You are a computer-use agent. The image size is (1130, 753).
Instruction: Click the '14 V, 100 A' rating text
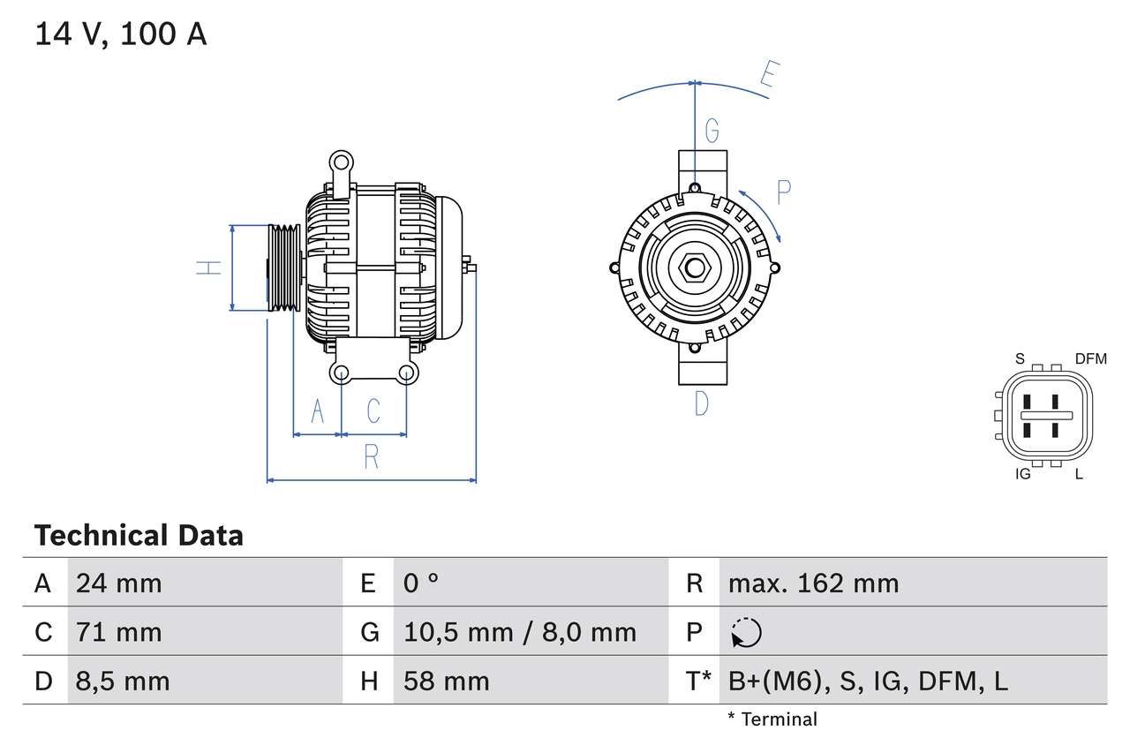tap(121, 34)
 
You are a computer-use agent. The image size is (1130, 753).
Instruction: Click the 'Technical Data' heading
tap(139, 536)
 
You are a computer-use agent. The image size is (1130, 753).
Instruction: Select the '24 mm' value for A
tap(119, 584)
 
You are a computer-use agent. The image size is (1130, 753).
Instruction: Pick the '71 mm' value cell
tap(119, 632)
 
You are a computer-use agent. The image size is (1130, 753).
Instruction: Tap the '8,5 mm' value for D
tap(123, 681)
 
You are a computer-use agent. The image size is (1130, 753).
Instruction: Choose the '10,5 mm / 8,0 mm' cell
tap(519, 632)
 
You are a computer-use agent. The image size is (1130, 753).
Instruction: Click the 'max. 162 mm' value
tap(813, 584)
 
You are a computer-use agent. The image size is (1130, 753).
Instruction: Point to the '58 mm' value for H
tap(446, 681)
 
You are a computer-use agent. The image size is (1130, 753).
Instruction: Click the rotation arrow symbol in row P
tap(747, 632)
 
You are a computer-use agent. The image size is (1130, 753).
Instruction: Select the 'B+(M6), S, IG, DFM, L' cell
tap(868, 681)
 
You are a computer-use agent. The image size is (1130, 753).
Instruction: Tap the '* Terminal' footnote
tap(772, 719)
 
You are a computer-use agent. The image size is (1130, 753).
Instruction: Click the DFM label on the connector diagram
tap(1090, 358)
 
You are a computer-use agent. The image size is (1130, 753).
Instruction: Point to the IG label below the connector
tap(1023, 474)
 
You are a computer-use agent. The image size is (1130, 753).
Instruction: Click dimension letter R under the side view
tap(372, 457)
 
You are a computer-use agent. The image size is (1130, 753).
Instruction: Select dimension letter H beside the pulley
tap(208, 267)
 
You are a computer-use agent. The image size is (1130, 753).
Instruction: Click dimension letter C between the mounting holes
tap(373, 410)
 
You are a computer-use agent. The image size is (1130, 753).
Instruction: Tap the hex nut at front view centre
tap(695, 267)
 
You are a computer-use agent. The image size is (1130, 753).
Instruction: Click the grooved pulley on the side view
tap(284, 267)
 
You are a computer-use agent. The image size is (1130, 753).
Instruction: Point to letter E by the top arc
tap(769, 79)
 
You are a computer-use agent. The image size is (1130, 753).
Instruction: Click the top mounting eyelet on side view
tap(341, 162)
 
